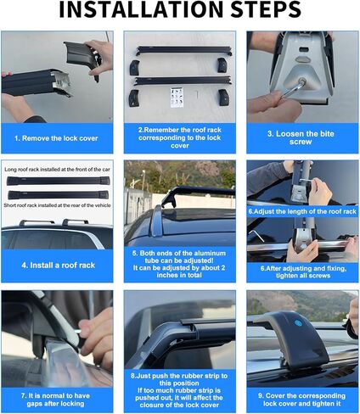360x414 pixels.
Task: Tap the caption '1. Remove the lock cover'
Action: click(57, 136)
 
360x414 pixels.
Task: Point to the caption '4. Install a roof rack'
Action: click(57, 265)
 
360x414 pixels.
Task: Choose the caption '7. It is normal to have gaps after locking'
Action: click(57, 395)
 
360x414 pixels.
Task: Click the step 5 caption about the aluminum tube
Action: click(179, 265)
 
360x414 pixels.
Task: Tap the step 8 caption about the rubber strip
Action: click(179, 391)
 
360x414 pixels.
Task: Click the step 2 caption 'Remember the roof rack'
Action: click(179, 136)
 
